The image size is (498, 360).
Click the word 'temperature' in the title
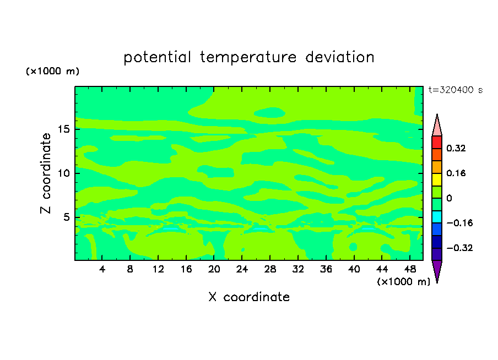(x=248, y=58)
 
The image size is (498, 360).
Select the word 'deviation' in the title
(x=340, y=57)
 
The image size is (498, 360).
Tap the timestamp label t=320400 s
(x=456, y=90)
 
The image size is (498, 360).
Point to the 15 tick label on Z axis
(x=64, y=129)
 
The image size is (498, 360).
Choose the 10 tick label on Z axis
(x=63, y=173)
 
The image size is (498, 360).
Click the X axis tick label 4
(x=102, y=269)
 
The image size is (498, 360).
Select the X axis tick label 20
(x=214, y=269)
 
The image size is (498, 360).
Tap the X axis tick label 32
(x=298, y=269)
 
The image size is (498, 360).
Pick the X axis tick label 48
(x=410, y=269)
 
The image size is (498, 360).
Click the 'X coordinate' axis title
(x=249, y=297)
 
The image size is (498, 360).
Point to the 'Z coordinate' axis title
(x=46, y=173)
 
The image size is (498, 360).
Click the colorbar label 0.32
(x=456, y=148)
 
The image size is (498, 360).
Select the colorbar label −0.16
(x=459, y=223)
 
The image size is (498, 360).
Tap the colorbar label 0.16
(x=456, y=173)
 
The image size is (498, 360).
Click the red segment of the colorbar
(x=437, y=142)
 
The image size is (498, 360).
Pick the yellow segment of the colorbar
(x=437, y=179)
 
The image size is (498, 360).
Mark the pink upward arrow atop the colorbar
(x=437, y=126)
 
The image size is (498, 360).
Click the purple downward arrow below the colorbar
(x=437, y=270)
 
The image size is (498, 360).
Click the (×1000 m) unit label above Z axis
(x=52, y=71)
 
